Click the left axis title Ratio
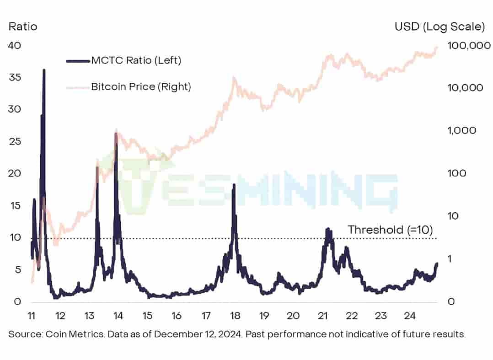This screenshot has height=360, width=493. pyautogui.click(x=23, y=27)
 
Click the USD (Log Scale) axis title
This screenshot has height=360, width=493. pyautogui.click(x=439, y=27)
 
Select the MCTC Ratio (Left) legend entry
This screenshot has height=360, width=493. pyautogui.click(x=136, y=60)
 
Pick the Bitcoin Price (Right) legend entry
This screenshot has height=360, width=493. pyautogui.click(x=141, y=86)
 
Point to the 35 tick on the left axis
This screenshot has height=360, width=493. pyautogui.click(x=15, y=77)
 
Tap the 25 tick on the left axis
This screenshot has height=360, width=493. pyautogui.click(x=15, y=141)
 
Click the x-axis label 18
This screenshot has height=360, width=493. pyautogui.click(x=235, y=316)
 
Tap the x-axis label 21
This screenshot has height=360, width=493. pyautogui.click(x=323, y=316)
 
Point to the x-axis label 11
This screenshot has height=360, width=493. pyautogui.click(x=31, y=316)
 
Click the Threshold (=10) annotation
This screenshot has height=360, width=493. pyautogui.click(x=390, y=230)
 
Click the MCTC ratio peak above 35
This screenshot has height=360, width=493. pyautogui.click(x=44, y=70)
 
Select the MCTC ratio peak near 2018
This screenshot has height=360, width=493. pyautogui.click(x=234, y=185)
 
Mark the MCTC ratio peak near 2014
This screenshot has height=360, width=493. pyautogui.click(x=116, y=134)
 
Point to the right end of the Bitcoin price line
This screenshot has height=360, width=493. pyautogui.click(x=437, y=47)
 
